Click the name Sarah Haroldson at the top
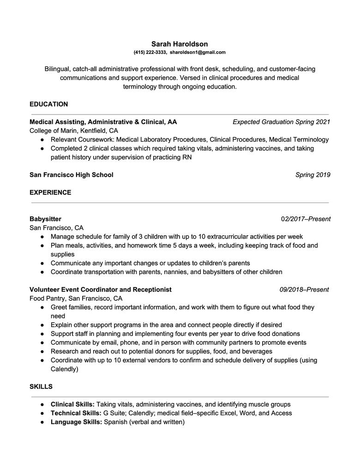(180, 44)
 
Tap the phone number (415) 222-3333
(150, 53)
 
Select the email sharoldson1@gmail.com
(198, 53)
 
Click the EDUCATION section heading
(48, 104)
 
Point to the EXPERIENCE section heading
(50, 192)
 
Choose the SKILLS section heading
(41, 386)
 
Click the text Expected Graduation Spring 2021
(281, 122)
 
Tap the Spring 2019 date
(312, 175)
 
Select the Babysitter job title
(45, 219)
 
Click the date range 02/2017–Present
(306, 219)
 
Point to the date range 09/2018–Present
(304, 290)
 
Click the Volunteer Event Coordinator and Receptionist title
(100, 290)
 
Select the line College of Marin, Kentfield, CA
(74, 131)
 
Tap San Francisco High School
(71, 175)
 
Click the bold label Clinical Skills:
(72, 404)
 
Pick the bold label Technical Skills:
(76, 413)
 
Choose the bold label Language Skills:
(76, 422)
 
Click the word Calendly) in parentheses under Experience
(65, 369)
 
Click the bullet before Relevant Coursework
(42, 139)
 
